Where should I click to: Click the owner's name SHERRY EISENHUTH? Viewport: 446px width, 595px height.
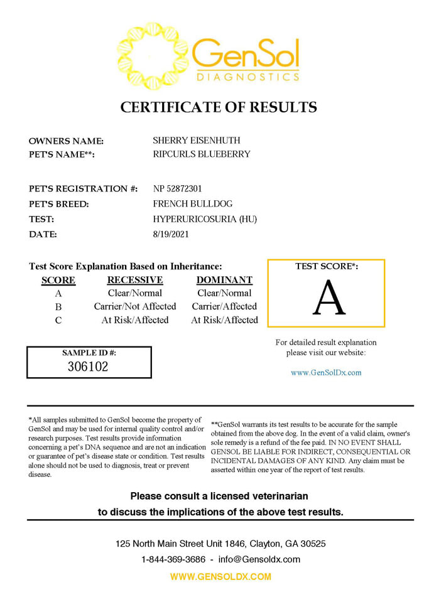[x=197, y=141]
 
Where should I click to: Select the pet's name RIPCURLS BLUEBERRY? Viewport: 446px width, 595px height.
[x=202, y=154]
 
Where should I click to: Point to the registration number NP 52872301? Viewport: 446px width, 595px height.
[x=178, y=189]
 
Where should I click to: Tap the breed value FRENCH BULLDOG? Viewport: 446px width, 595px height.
[x=193, y=204]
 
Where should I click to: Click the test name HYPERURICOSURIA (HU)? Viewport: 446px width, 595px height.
[x=205, y=219]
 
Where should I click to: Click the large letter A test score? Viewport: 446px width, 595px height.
[x=329, y=297]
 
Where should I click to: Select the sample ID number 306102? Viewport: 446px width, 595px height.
[x=88, y=367]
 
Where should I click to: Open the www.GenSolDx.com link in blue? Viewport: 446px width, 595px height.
[x=326, y=372]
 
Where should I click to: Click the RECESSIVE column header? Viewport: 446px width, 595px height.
[x=135, y=280]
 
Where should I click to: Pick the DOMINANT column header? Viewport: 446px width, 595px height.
[x=224, y=280]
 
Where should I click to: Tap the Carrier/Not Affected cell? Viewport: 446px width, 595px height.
[x=135, y=306]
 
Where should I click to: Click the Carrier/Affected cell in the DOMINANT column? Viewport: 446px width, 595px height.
[x=224, y=306]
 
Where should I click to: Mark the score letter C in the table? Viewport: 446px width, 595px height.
[x=58, y=320]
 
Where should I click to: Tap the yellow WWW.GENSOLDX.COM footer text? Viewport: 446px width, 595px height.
[x=220, y=576]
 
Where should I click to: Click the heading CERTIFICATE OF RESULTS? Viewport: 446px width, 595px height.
[x=219, y=107]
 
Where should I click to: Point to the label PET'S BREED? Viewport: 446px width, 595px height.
[x=59, y=204]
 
